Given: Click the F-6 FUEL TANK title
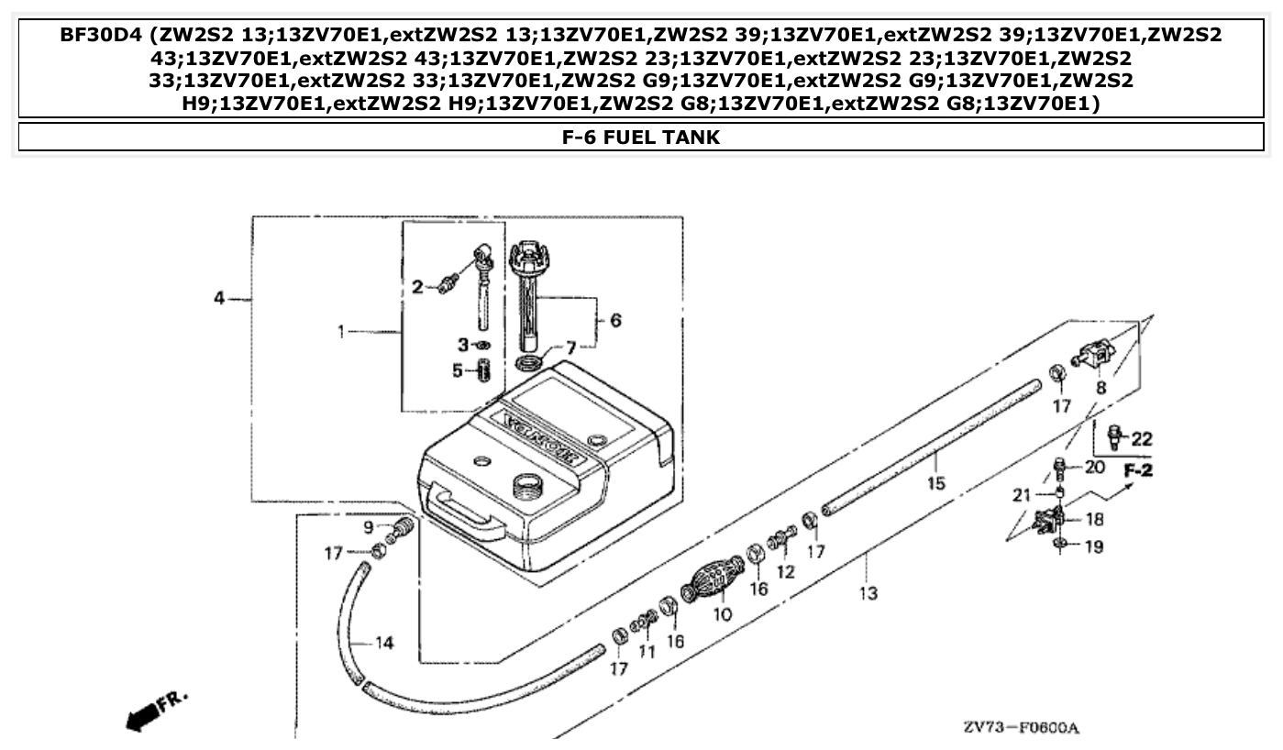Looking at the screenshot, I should click(640, 138).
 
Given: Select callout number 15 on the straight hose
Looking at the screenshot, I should click(935, 482).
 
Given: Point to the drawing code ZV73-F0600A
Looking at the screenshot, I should click(1021, 728).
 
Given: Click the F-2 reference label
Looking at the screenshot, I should click(1138, 471).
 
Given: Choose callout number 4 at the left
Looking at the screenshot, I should click(219, 299).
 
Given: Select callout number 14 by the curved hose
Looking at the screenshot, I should click(384, 643).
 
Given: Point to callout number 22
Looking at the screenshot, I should click(1141, 439).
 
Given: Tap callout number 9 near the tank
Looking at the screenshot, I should click(369, 527).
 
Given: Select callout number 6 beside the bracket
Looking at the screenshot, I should click(615, 320).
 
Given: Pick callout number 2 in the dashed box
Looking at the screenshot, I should click(417, 287).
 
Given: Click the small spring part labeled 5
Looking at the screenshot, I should click(485, 372).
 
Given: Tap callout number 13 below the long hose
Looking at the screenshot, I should click(868, 592).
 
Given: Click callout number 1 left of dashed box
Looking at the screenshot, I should click(341, 331).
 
